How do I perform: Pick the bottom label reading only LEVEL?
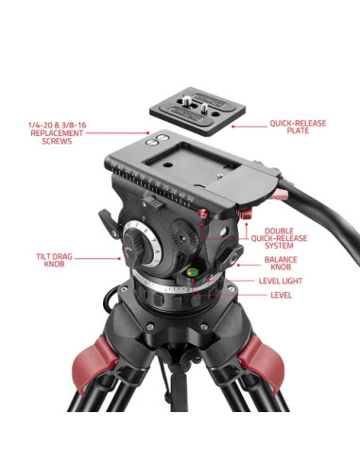click(281, 295)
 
